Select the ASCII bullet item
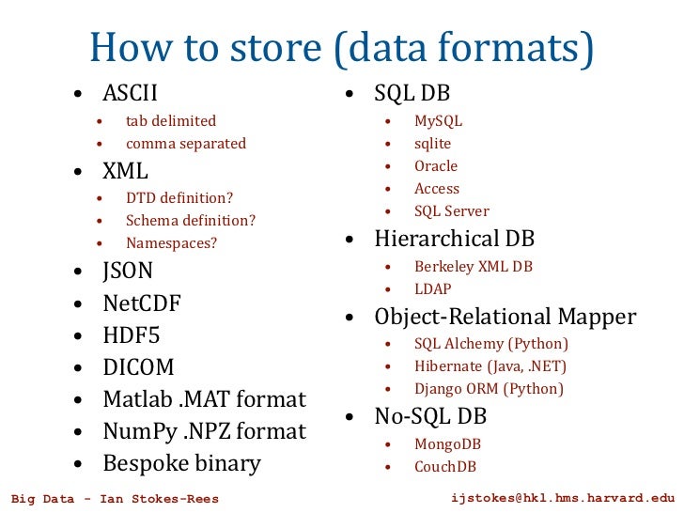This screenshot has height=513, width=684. (x=130, y=94)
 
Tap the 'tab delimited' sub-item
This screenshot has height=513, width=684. (x=171, y=121)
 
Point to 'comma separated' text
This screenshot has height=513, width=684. (x=186, y=144)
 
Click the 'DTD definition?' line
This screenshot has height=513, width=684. (x=179, y=198)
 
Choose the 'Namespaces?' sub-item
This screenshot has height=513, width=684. (x=172, y=243)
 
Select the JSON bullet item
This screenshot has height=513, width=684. (x=128, y=272)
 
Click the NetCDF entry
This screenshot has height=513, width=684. (x=142, y=303)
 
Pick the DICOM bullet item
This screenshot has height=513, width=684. (x=138, y=367)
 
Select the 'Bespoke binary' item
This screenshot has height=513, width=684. (x=181, y=463)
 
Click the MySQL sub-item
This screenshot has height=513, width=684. (x=438, y=121)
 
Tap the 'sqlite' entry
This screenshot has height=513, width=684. (x=432, y=144)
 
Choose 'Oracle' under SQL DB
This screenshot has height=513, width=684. (x=436, y=166)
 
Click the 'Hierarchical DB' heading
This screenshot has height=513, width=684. (x=454, y=239)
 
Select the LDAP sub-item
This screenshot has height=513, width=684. (x=433, y=289)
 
